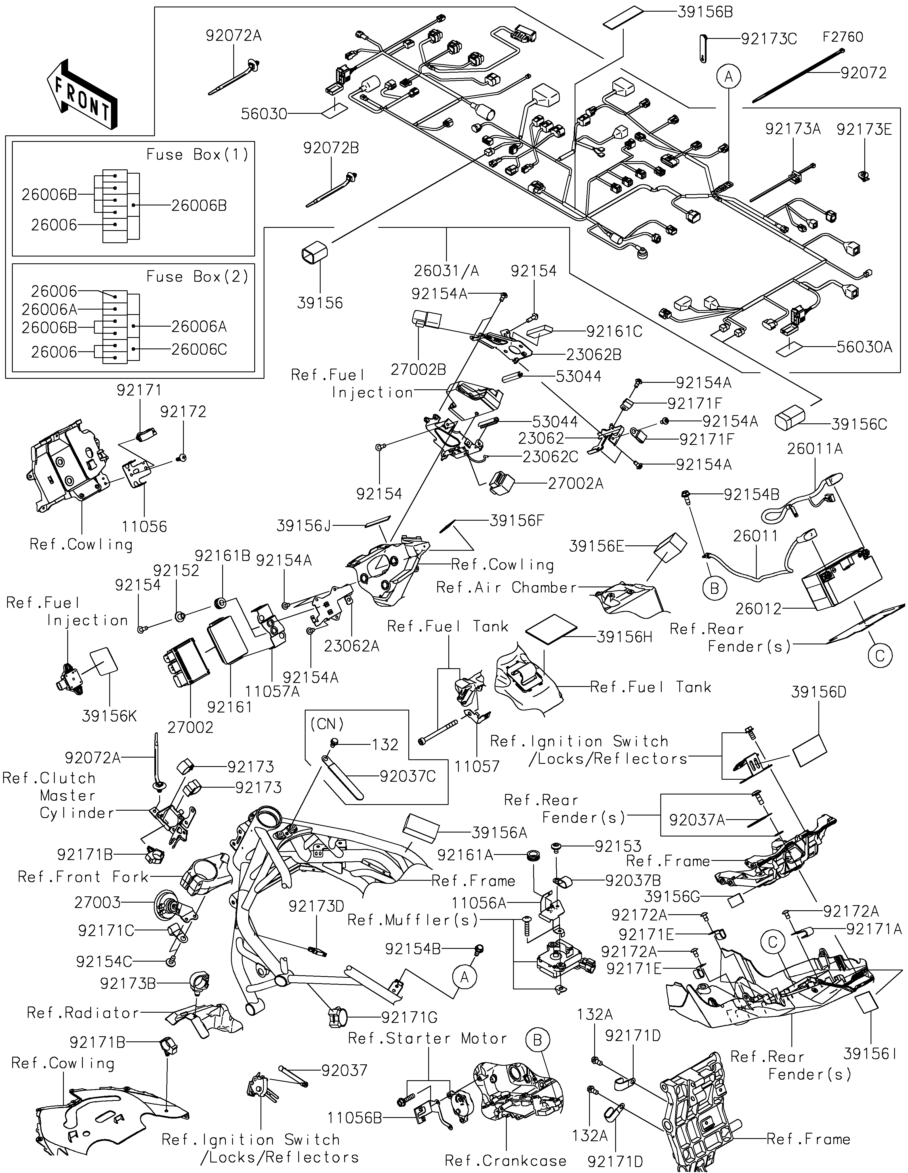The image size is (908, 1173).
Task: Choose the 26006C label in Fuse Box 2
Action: pyautogui.click(x=199, y=350)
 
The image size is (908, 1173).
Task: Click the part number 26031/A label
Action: pyautogui.click(x=446, y=271)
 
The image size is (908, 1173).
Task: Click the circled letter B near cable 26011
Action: pyautogui.click(x=714, y=589)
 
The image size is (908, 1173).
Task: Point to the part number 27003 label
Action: pyautogui.click(x=98, y=902)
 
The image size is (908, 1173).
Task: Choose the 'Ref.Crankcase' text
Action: pyautogui.click(x=505, y=1161)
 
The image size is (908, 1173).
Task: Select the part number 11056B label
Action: pyautogui.click(x=355, y=1118)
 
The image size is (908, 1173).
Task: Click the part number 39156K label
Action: pyautogui.click(x=110, y=716)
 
